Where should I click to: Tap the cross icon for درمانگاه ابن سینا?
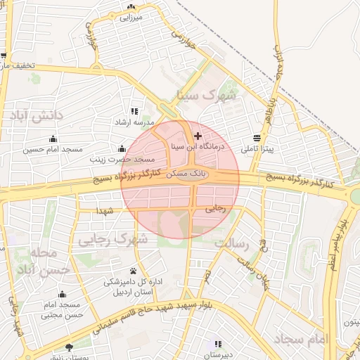(198, 136)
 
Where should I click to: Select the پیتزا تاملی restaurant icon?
(257, 138)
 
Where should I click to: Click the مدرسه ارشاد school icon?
(134, 111)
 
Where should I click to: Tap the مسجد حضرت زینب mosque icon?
(122, 148)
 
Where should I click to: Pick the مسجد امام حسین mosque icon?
(53, 138)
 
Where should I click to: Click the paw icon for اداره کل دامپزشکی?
(133, 271)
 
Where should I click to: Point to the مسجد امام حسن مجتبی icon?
(63, 294)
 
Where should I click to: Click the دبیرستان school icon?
(218, 344)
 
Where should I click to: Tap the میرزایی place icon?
(131, 7)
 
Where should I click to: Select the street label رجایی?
(215, 209)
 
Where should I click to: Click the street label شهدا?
(105, 210)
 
